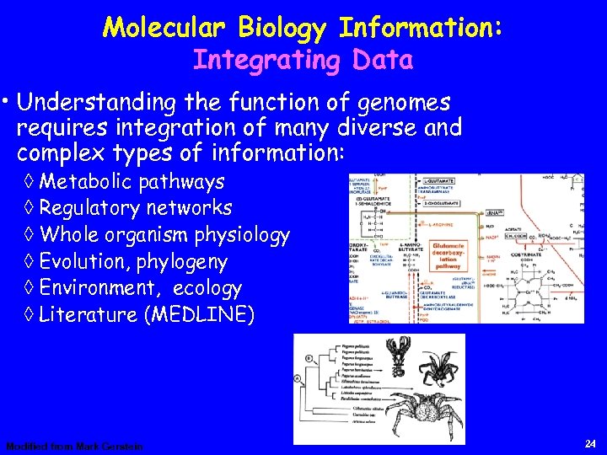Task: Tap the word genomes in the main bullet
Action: click(405, 103)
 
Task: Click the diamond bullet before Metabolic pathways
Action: click(30, 182)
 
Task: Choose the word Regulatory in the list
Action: click(90, 208)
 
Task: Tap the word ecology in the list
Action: click(207, 288)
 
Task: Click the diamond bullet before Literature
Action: click(30, 315)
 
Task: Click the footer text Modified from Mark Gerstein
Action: click(75, 446)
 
